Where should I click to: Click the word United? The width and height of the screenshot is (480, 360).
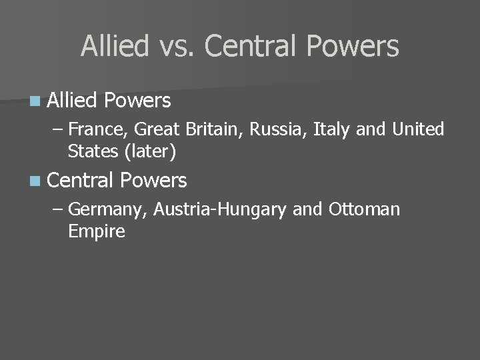tap(419, 129)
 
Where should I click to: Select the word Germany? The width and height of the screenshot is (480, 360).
tap(108, 209)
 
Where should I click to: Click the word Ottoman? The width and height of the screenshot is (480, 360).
tap(365, 209)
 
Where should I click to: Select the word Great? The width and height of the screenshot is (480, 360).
tap(159, 129)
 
